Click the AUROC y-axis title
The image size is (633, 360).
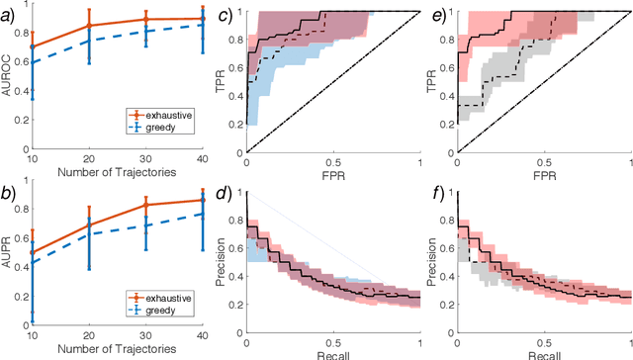(x=9, y=79)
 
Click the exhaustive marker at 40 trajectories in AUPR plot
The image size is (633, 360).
(x=202, y=200)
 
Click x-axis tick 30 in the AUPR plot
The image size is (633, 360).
(x=145, y=338)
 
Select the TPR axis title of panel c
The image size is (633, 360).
(x=223, y=81)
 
